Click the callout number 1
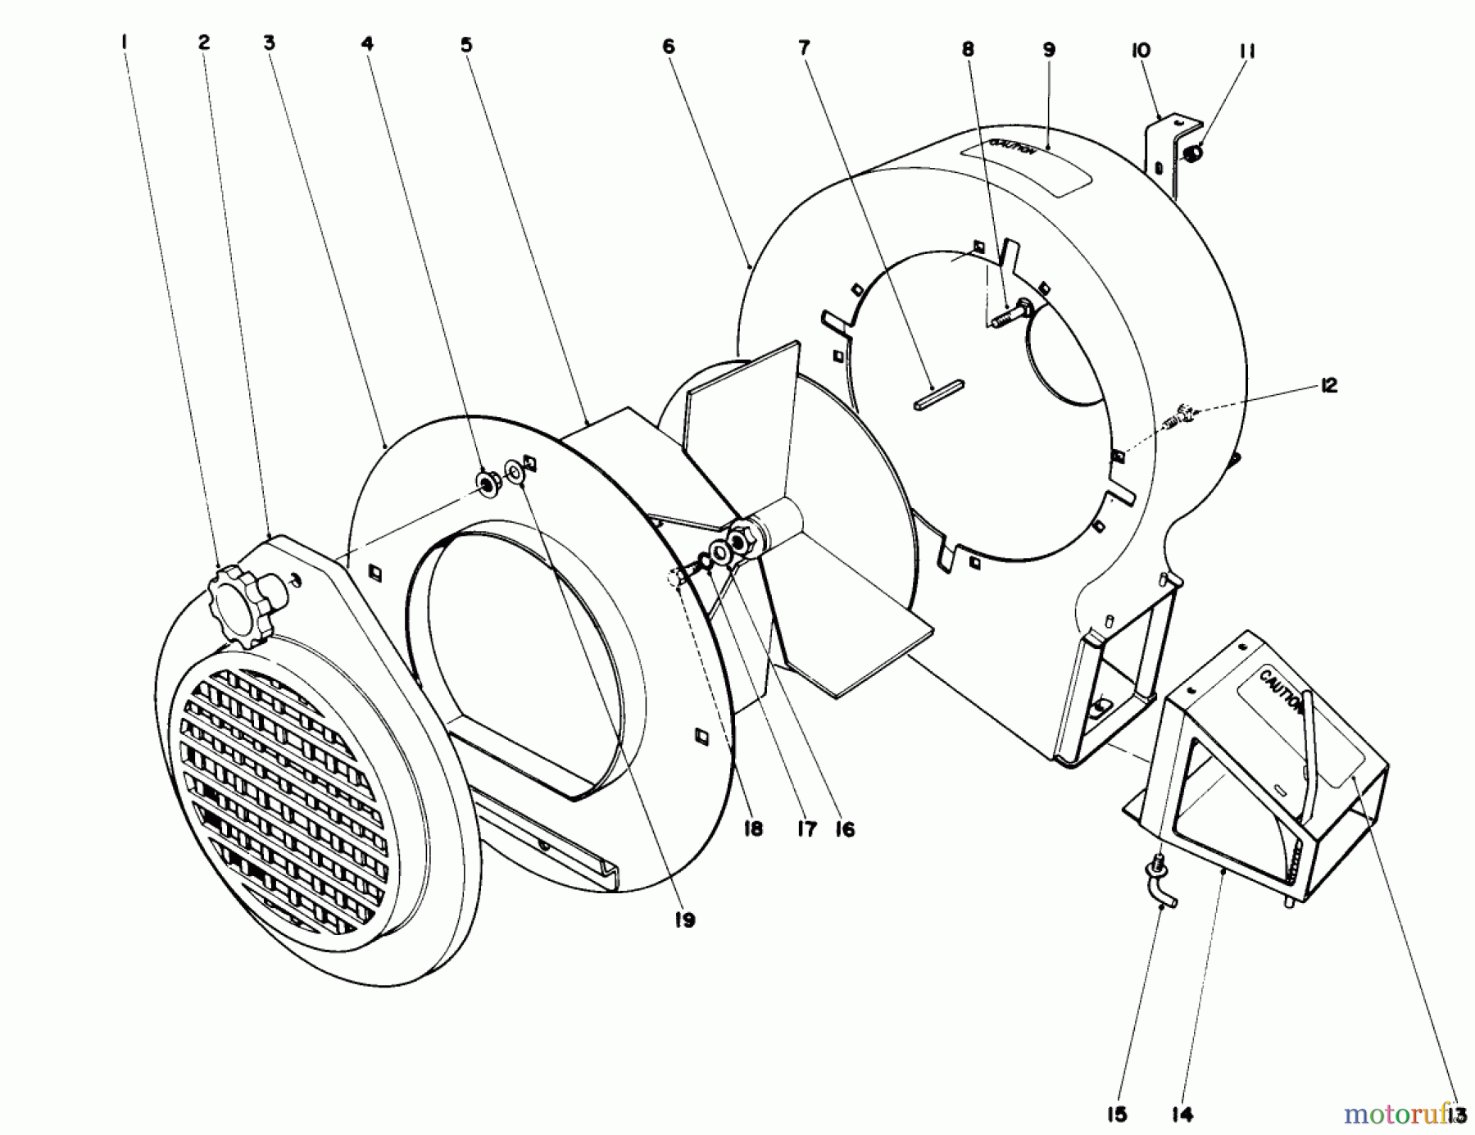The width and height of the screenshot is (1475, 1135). [124, 41]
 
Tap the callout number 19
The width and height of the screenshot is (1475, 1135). [684, 919]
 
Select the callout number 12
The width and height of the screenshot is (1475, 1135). [1328, 385]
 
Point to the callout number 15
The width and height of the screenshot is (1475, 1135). [1116, 1114]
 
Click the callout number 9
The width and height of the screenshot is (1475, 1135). [1049, 49]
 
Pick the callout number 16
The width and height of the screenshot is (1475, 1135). [845, 829]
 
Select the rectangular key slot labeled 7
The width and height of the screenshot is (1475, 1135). [938, 393]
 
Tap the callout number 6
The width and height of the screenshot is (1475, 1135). [669, 47]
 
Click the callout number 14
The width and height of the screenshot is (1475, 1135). [1182, 1114]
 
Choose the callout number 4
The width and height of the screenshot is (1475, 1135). [367, 43]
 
